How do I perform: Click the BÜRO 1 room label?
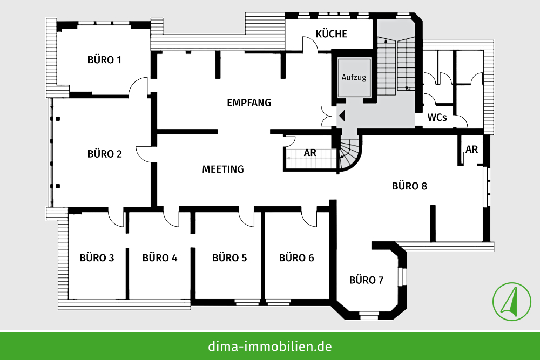[x=104, y=59]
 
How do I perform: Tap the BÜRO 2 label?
[x=104, y=154]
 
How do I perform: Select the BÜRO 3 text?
[x=97, y=257]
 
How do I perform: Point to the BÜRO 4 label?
[x=160, y=257]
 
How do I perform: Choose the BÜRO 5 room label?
[x=230, y=257]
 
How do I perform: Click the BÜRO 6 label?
[x=296, y=257]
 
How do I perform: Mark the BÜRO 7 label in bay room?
[x=366, y=280]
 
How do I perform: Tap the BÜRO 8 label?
[x=409, y=186]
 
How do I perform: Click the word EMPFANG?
[x=249, y=103]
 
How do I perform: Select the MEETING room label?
[x=223, y=169]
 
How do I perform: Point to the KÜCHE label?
[x=332, y=34]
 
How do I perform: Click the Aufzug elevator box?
[x=354, y=77]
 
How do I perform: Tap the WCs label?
[x=437, y=117]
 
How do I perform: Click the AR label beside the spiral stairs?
[x=310, y=153]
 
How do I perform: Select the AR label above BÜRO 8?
[x=471, y=150]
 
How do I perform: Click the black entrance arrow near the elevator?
[x=342, y=114]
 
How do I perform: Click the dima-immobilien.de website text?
[x=270, y=346]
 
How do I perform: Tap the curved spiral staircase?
[x=349, y=154]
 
